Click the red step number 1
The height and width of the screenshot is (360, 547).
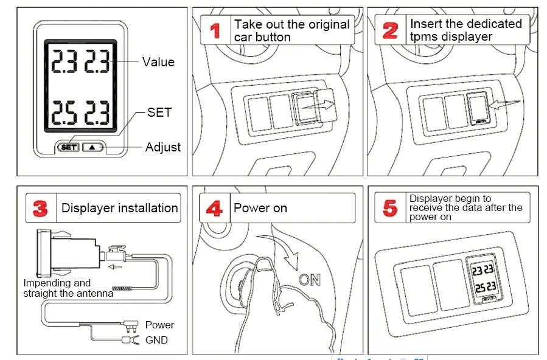coord(215,30)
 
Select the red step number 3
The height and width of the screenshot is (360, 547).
coord(40,209)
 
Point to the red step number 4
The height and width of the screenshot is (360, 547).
coord(214,209)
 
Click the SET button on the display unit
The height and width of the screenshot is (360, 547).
coord(69,147)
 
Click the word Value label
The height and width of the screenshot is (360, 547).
coord(158,62)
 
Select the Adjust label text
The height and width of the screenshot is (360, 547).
coord(162,147)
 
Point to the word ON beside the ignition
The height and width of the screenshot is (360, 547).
coord(310,280)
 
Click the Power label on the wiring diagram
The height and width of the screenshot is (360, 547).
coord(159,325)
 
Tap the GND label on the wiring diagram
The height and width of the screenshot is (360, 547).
coord(156,340)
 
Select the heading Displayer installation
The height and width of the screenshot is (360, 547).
coord(119,208)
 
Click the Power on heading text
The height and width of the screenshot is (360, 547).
coord(260,208)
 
